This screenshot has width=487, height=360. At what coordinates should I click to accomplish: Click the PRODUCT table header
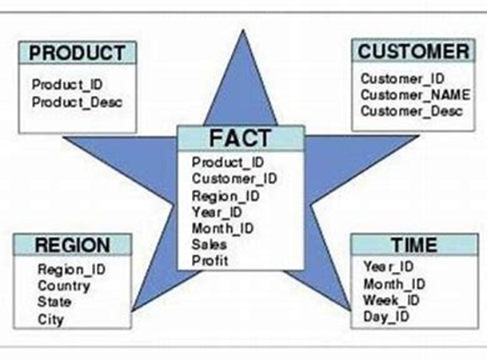pos(78,54)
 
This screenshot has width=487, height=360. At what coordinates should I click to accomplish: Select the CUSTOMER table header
pos(413,52)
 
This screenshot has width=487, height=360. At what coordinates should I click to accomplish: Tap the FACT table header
pos(241,137)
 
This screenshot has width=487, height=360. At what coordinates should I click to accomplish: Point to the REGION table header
pos(72,245)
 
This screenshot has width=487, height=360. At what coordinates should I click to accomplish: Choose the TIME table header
pos(413,245)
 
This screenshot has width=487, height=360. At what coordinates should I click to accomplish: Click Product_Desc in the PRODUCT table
pos(78,102)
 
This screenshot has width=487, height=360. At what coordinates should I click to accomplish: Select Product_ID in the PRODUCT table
pos(67,84)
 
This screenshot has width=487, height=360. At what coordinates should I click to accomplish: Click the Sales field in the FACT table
pos(210,245)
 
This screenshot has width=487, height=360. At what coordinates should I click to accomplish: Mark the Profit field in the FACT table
pos(210,261)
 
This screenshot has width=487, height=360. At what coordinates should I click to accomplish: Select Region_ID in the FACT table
pos(225,195)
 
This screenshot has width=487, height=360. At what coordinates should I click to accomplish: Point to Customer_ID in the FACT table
pos(234,178)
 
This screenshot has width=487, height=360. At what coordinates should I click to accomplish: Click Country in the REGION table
pos(64,286)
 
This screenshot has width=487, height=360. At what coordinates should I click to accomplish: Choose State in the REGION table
pos(54,302)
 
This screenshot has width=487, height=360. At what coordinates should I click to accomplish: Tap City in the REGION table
pos(50,320)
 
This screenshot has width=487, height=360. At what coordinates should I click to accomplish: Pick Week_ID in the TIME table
pos(391,301)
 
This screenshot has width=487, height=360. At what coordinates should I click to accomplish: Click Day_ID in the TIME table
pos(386,318)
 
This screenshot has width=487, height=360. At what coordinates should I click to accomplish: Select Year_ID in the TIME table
pos(388,266)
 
